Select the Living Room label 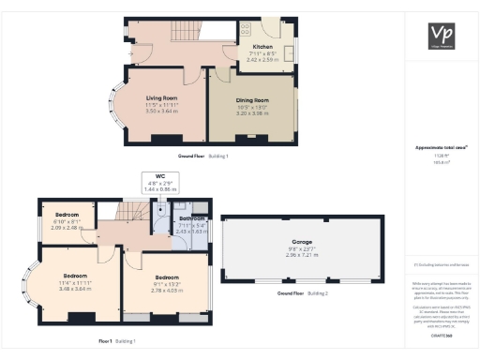click(x=161, y=97)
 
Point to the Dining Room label click(x=251, y=100)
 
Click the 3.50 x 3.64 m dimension click(x=161, y=111)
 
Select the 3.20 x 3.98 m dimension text click(x=251, y=112)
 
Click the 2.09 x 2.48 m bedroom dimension click(x=67, y=227)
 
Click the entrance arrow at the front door click(x=130, y=53)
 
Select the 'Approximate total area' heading click(x=441, y=148)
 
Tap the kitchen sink click(x=289, y=52)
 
